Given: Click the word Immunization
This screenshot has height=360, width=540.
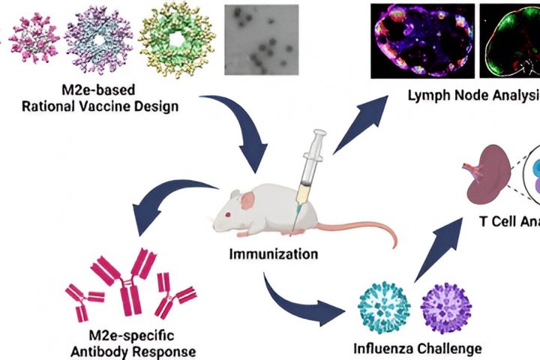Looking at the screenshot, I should [x=274, y=253].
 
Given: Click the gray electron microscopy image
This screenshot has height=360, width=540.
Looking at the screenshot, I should [x=261, y=42].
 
